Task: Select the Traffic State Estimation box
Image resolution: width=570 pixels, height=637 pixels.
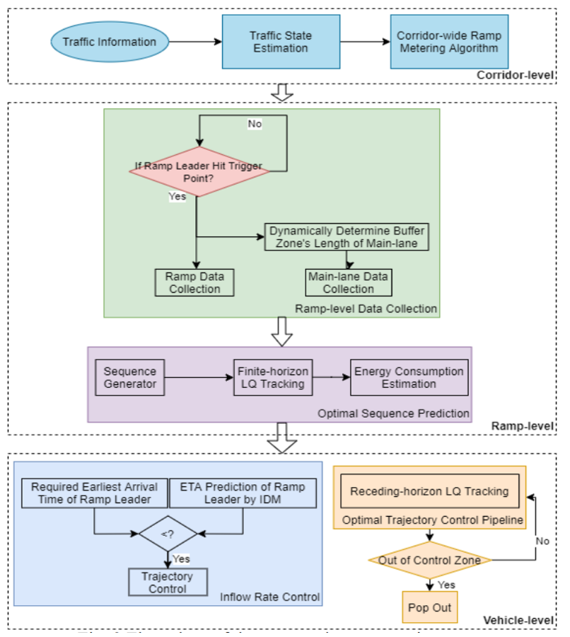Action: coord(280,42)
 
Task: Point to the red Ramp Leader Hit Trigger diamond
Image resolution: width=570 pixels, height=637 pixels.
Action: coord(198,171)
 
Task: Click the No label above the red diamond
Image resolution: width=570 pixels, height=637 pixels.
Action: coord(254,124)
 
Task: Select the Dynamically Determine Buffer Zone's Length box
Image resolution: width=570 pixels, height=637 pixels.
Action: coord(348,237)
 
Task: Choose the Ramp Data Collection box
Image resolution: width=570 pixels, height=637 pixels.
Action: coord(194,282)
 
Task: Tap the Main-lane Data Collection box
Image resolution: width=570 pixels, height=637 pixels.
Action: coord(348,282)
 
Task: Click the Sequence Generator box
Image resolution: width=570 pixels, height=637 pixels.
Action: coord(129,377)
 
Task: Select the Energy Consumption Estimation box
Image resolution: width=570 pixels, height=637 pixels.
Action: coord(409,377)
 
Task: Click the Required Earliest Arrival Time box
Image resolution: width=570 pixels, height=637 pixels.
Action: coord(94,493)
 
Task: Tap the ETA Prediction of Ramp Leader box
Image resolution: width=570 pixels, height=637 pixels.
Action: coord(243,493)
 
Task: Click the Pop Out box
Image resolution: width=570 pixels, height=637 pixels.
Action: coord(429,608)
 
